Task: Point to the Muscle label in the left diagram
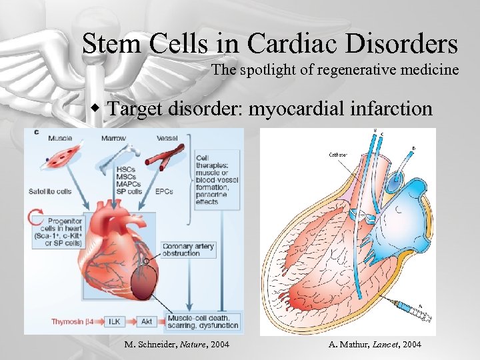60,138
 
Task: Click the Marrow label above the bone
113,138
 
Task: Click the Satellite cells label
50,191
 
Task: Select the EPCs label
163,191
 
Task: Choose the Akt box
147,321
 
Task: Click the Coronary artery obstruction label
189,250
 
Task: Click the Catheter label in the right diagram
337,154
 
